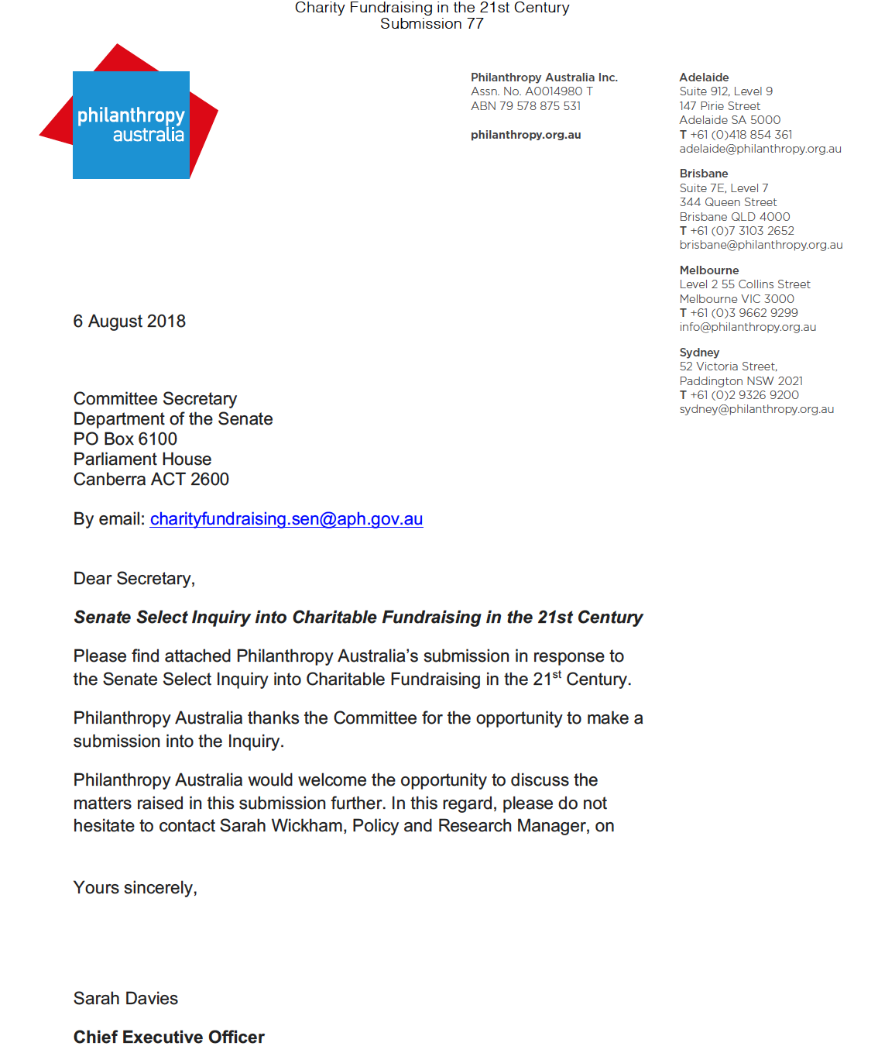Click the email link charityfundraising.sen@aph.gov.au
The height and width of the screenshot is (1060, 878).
click(286, 519)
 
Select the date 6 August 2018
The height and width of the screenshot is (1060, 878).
click(129, 322)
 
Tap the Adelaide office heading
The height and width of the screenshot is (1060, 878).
click(704, 77)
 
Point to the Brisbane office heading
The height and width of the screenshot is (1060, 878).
click(703, 174)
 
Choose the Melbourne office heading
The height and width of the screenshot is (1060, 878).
click(708, 270)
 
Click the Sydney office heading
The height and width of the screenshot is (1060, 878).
click(699, 353)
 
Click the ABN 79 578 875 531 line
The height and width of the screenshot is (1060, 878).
click(526, 106)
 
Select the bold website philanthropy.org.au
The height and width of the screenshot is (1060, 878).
click(526, 135)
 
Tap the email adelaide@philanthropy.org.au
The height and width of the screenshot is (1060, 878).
click(760, 149)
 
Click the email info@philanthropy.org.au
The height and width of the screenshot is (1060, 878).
click(747, 327)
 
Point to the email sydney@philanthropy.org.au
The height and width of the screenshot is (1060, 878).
click(756, 409)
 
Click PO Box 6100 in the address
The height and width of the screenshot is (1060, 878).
click(125, 439)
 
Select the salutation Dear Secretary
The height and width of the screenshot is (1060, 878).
click(134, 579)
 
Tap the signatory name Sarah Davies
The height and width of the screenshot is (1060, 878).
click(125, 999)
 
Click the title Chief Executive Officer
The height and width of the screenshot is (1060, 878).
click(169, 1038)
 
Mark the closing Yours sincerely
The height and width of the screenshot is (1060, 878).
click(135, 888)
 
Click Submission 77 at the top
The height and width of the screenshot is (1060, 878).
click(431, 24)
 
